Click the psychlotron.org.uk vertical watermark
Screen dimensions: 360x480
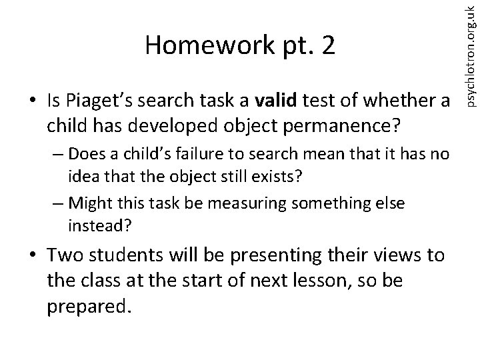pos(470,53)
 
